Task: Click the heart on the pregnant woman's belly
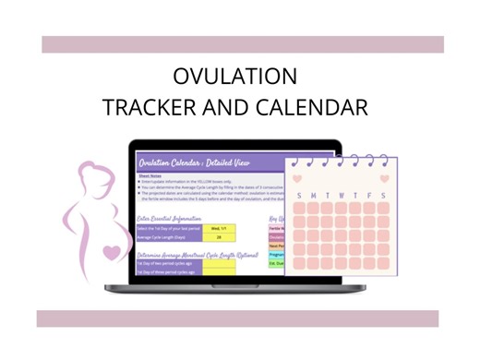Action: tap(112, 250)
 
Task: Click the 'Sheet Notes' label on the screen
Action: tap(150, 174)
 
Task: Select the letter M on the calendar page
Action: tap(314, 195)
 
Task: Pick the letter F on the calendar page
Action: tap(369, 195)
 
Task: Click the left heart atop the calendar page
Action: tap(295, 178)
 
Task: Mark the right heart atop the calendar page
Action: tap(385, 178)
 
